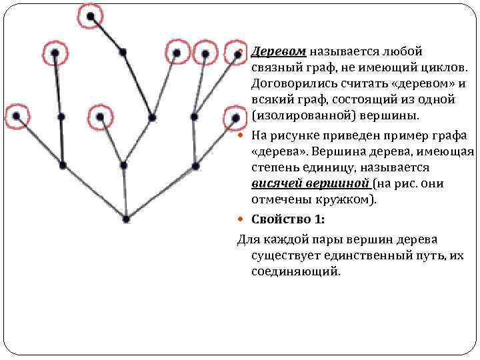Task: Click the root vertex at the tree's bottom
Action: tap(127, 217)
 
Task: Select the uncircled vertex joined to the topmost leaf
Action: tap(123, 51)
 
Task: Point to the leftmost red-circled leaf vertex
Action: tap(16, 116)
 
